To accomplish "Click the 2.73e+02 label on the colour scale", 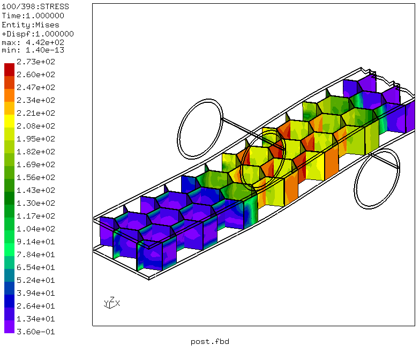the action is (36, 62).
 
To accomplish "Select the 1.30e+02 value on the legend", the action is (36, 204).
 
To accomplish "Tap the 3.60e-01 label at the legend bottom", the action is (36, 332).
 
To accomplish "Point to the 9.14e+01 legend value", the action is (36, 242).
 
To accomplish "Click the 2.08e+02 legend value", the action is (36, 126).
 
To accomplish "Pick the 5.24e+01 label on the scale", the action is (36, 281).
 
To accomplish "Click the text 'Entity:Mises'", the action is (31, 25).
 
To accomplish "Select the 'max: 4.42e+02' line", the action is (33, 43).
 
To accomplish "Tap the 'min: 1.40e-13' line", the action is (33, 50).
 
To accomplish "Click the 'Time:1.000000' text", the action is (33, 16).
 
